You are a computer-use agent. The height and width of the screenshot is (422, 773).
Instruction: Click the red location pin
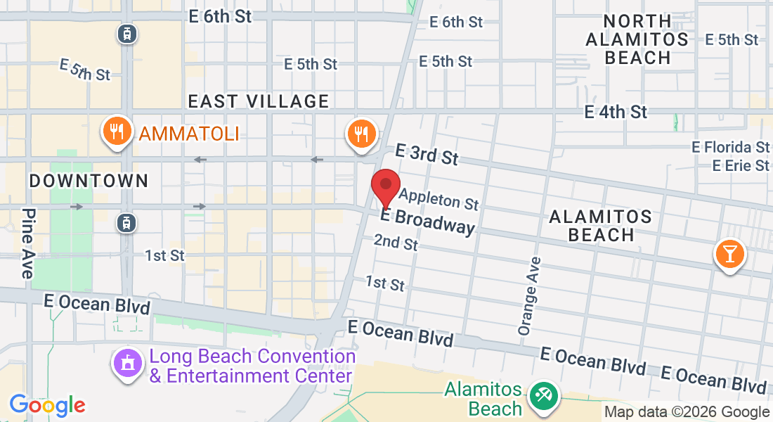tap(386, 187)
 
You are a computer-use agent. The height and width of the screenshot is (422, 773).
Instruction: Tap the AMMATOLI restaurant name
tap(188, 133)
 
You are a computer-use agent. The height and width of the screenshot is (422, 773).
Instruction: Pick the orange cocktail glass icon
tap(730, 254)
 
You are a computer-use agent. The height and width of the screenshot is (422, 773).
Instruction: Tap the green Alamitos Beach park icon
tap(543, 396)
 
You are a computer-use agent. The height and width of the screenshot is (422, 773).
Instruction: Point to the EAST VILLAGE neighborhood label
tap(259, 102)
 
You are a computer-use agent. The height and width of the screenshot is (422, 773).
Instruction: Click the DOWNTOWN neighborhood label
tap(89, 181)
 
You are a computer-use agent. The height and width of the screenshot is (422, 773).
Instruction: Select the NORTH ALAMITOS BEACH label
tap(637, 40)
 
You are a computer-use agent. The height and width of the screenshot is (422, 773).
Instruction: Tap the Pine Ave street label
tap(27, 243)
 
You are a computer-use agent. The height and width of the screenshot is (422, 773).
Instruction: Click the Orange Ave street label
tap(531, 295)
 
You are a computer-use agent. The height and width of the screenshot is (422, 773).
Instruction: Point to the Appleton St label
tap(439, 198)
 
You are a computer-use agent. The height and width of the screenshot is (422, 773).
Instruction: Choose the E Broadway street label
tap(427, 222)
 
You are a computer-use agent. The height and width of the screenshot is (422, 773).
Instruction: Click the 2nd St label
tap(396, 243)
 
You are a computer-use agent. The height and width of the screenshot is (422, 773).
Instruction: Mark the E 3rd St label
tap(427, 154)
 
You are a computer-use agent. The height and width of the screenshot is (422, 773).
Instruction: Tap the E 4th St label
tap(616, 112)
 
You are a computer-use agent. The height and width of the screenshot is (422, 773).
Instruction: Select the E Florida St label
tap(730, 148)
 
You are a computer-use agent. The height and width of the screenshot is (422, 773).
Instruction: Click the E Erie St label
tap(741, 166)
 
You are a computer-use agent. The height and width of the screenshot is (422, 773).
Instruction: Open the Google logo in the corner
tap(47, 405)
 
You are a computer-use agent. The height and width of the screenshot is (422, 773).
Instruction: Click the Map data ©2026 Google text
tap(687, 412)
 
